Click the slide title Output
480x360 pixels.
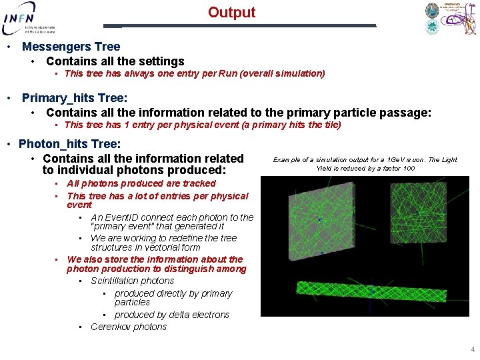[231, 13]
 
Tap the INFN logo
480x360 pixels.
[29, 18]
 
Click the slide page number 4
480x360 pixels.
[472, 349]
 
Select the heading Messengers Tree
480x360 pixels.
[71, 47]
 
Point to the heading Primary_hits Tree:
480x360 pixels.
[75, 98]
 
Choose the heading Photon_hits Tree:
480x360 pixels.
[69, 144]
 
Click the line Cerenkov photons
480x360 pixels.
[129, 327]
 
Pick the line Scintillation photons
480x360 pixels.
[132, 281]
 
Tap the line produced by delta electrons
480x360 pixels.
[171, 315]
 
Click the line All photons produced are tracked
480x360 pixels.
[141, 183]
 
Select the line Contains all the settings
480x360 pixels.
[115, 61]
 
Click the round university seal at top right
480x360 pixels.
[432, 11]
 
